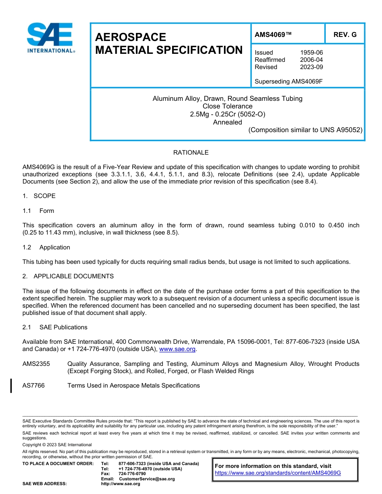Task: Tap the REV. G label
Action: [345, 35]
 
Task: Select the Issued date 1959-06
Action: [311, 53]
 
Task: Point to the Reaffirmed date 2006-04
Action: [311, 60]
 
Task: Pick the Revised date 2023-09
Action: [311, 67]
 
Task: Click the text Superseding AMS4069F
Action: [289, 82]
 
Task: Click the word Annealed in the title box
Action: [227, 122]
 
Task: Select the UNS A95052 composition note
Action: [305, 130]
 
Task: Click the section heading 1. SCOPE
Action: [39, 196]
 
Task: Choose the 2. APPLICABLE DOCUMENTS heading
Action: [68, 276]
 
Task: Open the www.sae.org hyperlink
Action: [177, 349]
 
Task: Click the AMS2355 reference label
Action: [36, 364]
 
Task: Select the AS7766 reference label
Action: [33, 386]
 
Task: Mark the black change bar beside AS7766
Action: [11, 386]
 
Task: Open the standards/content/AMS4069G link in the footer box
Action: [277, 473]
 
